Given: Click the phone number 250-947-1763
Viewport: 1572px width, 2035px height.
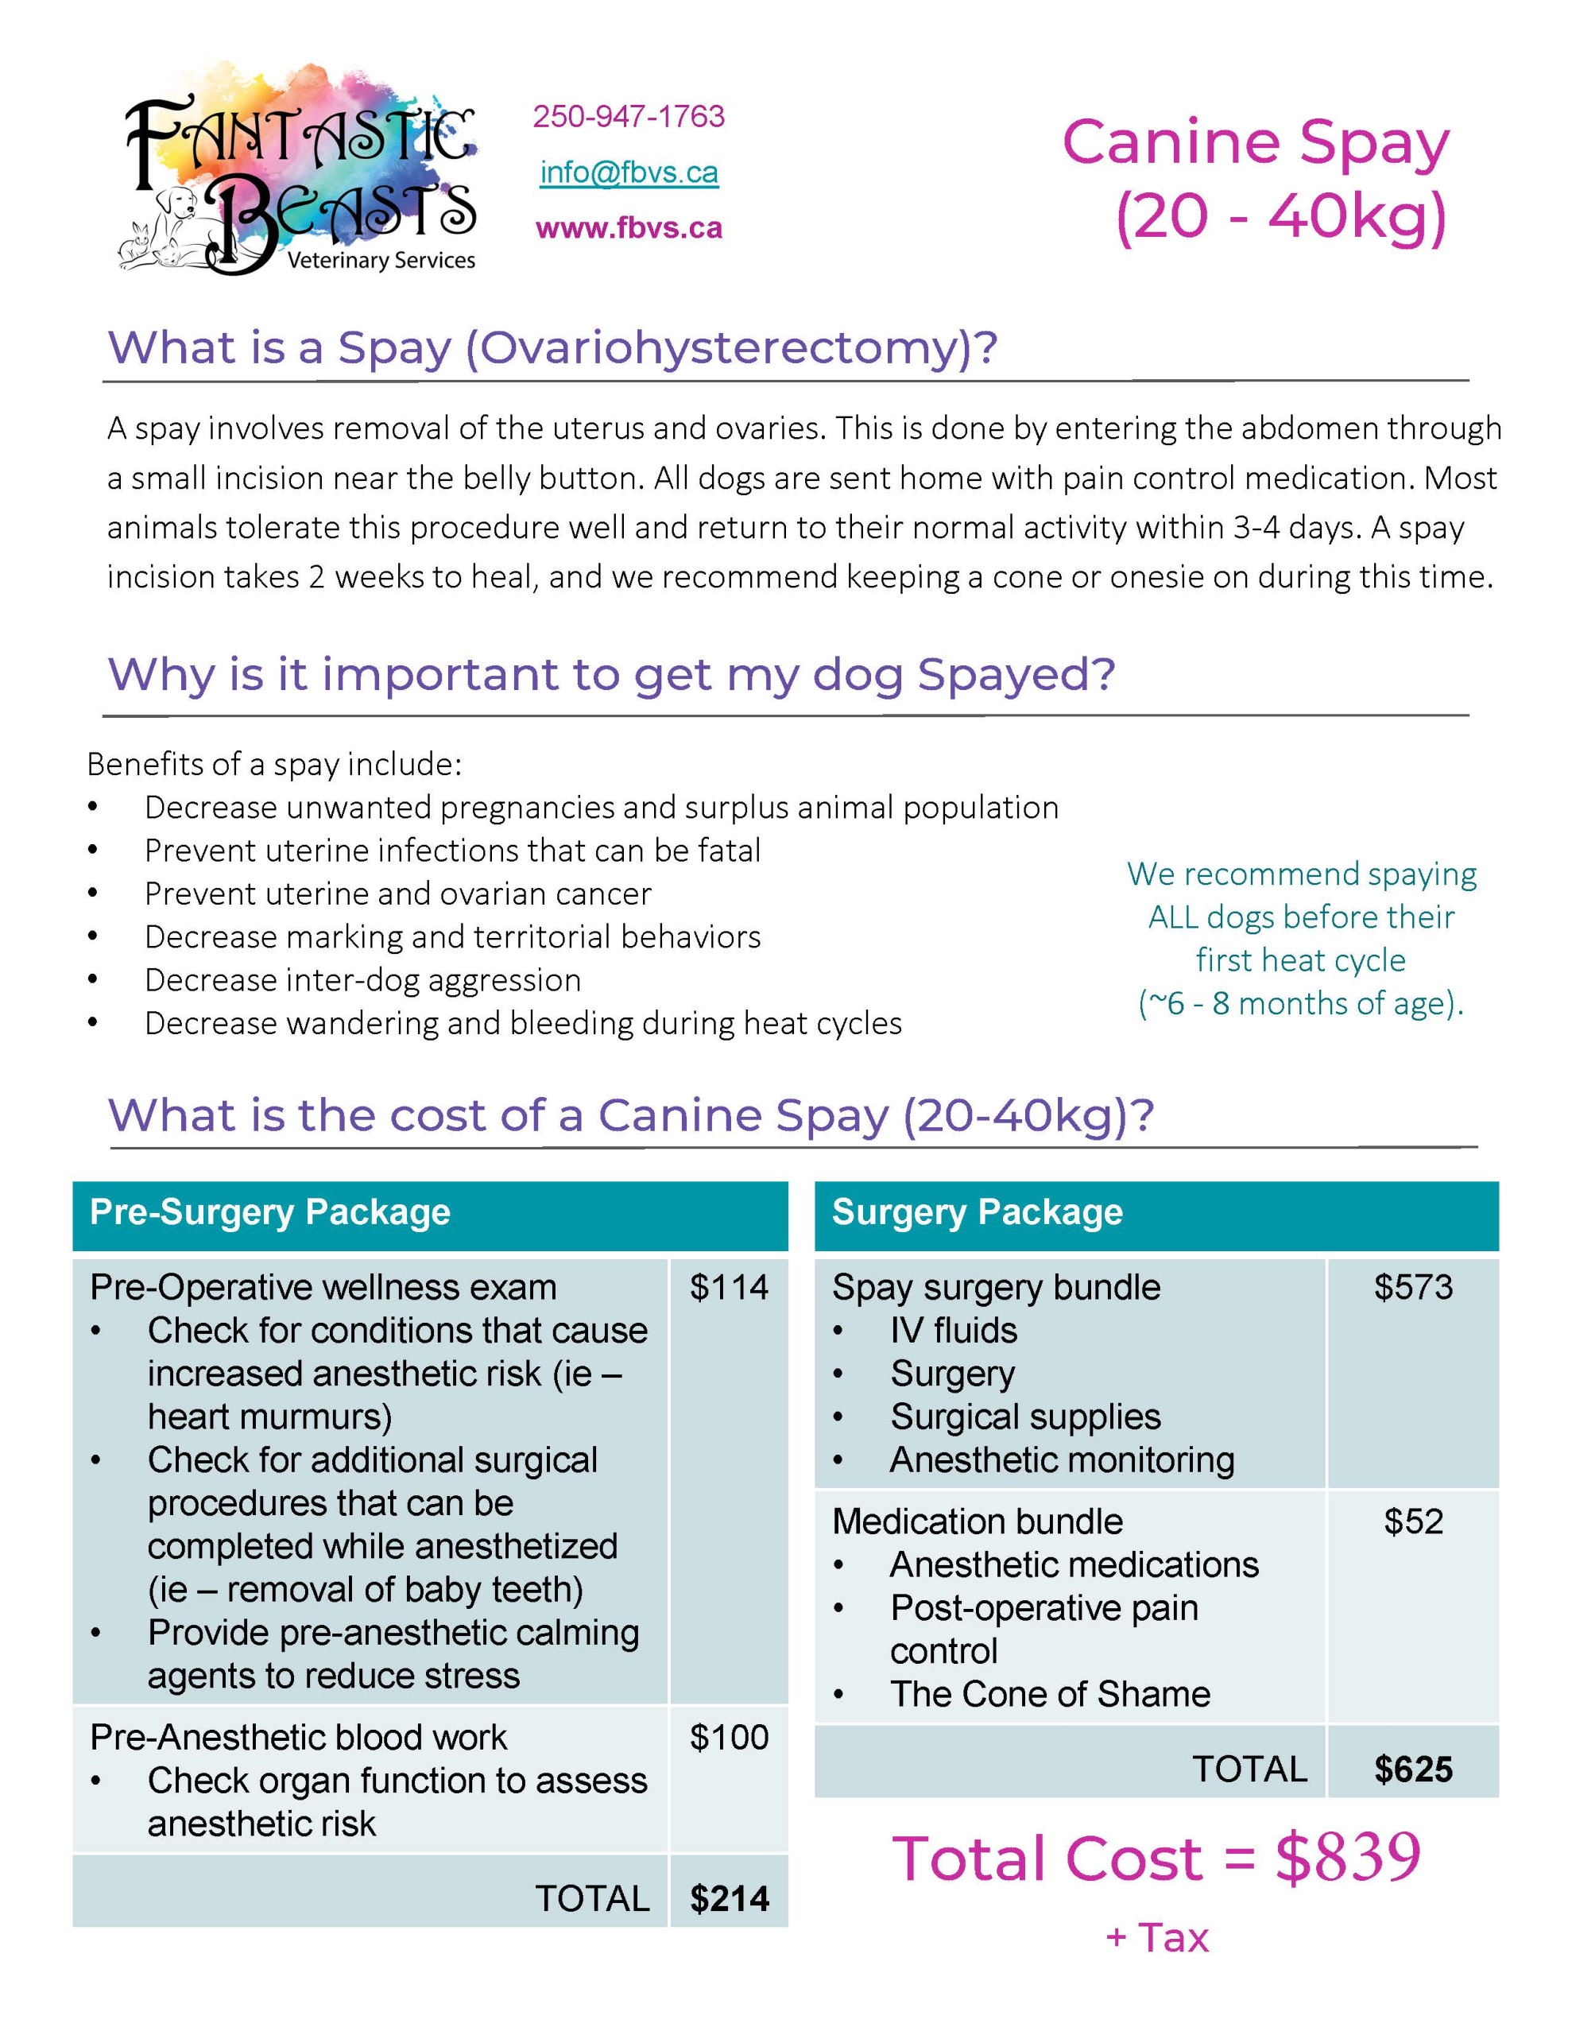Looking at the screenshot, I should click(x=628, y=117).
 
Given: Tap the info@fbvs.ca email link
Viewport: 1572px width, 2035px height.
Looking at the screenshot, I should click(x=629, y=172).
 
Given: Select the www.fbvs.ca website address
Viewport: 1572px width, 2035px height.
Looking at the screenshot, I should click(x=629, y=228).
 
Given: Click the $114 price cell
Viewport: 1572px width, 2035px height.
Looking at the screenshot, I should click(x=729, y=1288).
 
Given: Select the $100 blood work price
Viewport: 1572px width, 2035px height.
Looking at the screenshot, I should click(x=729, y=1738).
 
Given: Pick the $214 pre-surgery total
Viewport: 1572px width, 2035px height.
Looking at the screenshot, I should click(x=729, y=1899).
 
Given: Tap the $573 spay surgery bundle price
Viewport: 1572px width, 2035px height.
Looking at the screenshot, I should click(x=1413, y=1288).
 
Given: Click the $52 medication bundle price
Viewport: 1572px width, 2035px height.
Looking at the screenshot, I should click(x=1413, y=1521).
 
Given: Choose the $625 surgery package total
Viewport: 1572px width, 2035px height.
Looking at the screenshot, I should click(x=1413, y=1769).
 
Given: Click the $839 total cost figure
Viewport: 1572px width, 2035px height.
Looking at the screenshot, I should click(x=1347, y=1858).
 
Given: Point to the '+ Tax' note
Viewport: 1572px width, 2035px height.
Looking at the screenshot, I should click(x=1156, y=1938).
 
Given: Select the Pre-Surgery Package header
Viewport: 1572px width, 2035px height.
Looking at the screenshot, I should click(x=270, y=1212).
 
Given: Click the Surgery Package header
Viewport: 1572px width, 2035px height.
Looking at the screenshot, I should click(x=977, y=1212).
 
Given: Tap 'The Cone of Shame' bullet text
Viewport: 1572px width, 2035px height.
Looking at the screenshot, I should click(x=1049, y=1694).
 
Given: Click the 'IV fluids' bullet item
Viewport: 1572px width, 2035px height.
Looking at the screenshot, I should click(x=953, y=1331).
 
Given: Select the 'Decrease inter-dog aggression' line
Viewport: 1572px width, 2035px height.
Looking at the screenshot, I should click(x=362, y=980).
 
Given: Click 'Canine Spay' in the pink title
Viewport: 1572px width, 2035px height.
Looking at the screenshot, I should click(x=1255, y=142).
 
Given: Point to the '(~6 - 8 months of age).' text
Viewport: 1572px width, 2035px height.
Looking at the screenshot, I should click(x=1301, y=1003).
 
